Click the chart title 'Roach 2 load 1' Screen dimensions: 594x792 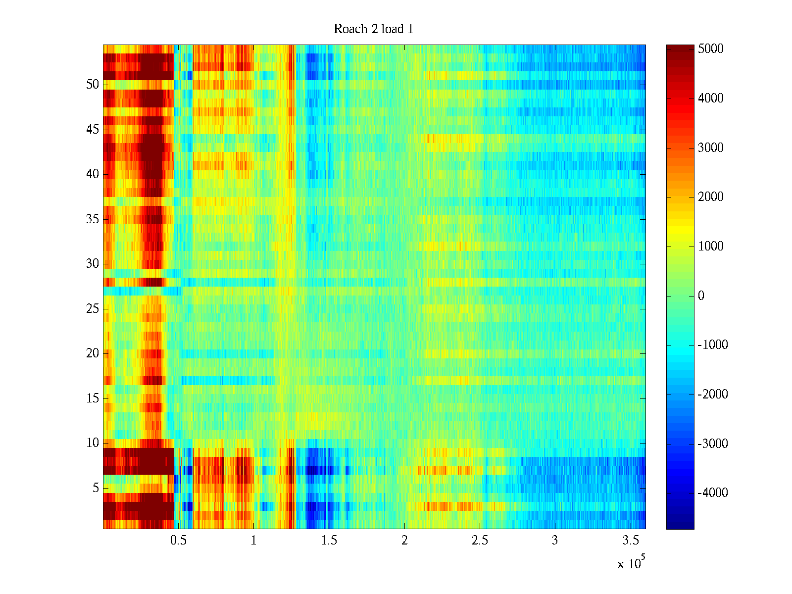coord(373,29)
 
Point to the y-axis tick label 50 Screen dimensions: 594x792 coord(93,85)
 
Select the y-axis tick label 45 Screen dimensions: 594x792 coord(93,130)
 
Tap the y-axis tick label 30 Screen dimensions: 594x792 coord(93,264)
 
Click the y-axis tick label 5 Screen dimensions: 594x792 coord(96,488)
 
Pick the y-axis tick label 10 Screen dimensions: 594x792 coord(93,443)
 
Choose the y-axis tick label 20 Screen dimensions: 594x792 coord(93,353)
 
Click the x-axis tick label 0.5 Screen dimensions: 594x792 coord(178,541)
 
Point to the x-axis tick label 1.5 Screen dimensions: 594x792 coord(329,541)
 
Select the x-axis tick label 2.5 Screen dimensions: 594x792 coord(480,541)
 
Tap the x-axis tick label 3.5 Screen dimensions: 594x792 coord(631,541)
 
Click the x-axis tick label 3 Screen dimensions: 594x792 coord(555,541)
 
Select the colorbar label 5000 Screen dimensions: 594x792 coord(711,49)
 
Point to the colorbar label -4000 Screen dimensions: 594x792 coord(713,493)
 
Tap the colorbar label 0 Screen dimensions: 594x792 coord(701,296)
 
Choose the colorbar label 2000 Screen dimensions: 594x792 coord(711,197)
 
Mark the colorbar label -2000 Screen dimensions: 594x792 coord(713,395)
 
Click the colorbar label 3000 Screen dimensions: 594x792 coord(711,148)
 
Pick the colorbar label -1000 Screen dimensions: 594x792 coord(713,345)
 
